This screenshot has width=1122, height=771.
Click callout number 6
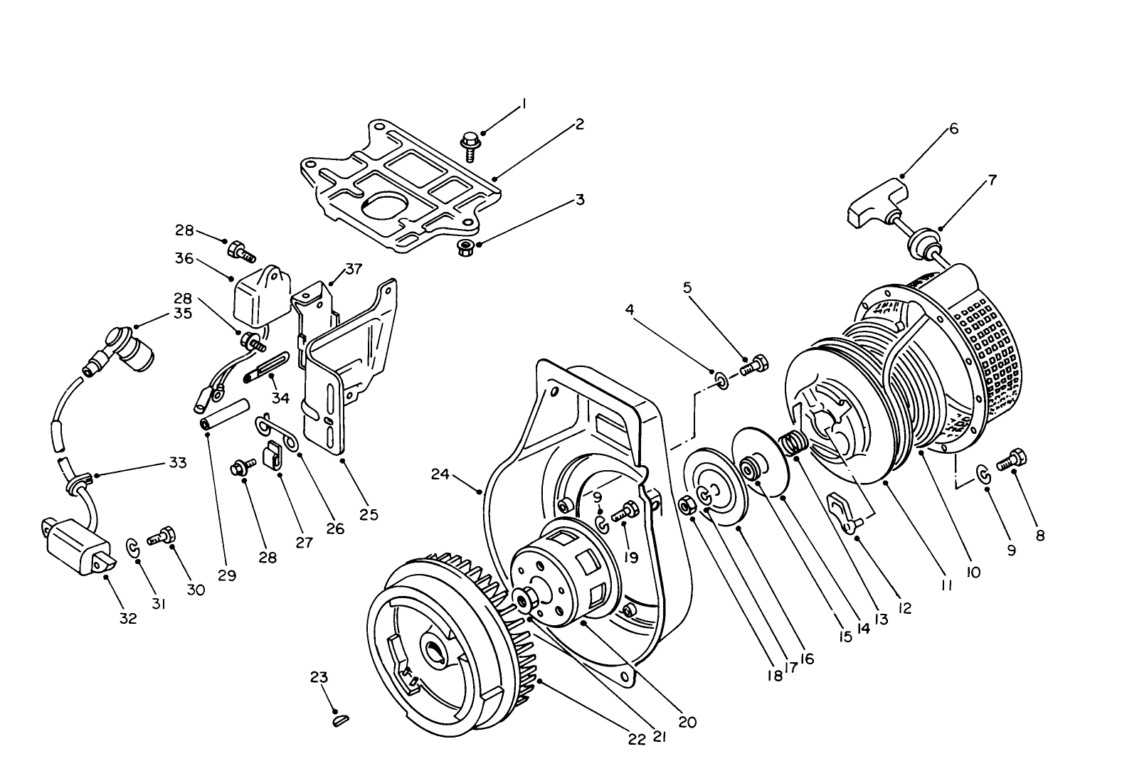click(x=953, y=129)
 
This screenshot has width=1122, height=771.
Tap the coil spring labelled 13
click(x=792, y=447)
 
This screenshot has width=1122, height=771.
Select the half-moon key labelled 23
click(x=341, y=721)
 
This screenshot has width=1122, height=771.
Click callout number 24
click(x=440, y=474)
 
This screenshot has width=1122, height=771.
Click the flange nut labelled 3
click(x=466, y=248)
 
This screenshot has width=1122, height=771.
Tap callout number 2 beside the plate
click(x=579, y=124)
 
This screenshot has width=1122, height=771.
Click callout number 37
click(x=354, y=269)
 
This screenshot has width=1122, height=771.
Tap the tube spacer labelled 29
click(x=226, y=414)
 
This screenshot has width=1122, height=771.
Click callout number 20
click(x=687, y=722)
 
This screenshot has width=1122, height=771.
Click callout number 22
click(x=637, y=740)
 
